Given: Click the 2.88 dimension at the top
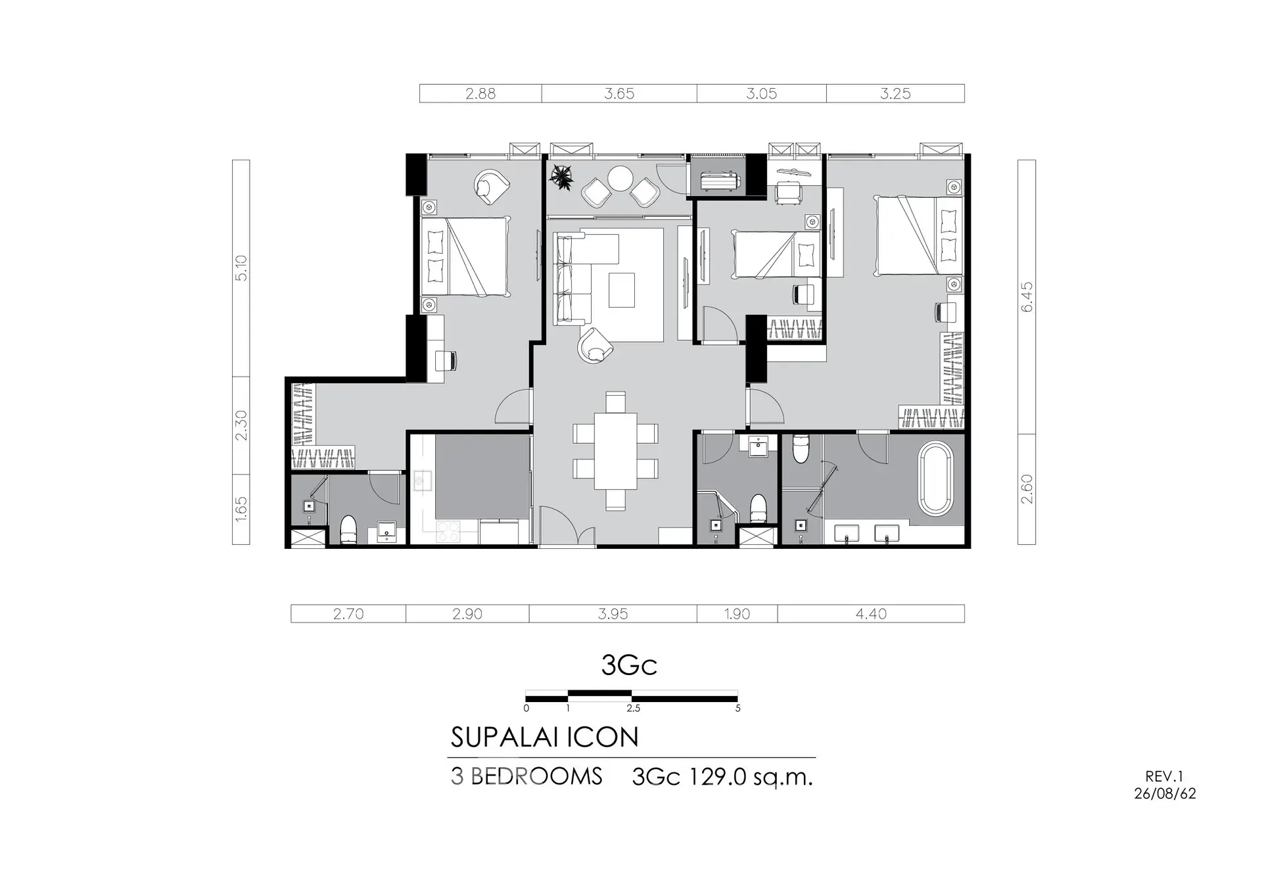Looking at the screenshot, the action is click(480, 93).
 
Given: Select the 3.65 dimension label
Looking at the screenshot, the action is click(619, 93).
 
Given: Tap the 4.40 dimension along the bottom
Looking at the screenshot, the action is click(871, 614).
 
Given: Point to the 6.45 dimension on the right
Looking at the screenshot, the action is click(1027, 296).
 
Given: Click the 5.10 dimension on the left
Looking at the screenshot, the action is click(241, 268).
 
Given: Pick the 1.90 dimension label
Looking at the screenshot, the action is click(737, 614).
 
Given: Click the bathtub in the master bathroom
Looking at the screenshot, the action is click(935, 479).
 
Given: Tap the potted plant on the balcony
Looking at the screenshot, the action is click(561, 176).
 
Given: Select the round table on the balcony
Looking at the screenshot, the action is click(619, 177).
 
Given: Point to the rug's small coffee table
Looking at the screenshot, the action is click(622, 291).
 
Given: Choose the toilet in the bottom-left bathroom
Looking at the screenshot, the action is click(348, 530).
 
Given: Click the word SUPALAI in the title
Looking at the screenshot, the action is click(505, 738).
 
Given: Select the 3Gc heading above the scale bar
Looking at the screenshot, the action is click(629, 665).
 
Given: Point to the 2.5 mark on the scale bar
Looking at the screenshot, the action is click(633, 709).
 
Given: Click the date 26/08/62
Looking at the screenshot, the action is click(1165, 793).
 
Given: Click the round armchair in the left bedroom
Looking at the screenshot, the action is click(490, 185).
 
